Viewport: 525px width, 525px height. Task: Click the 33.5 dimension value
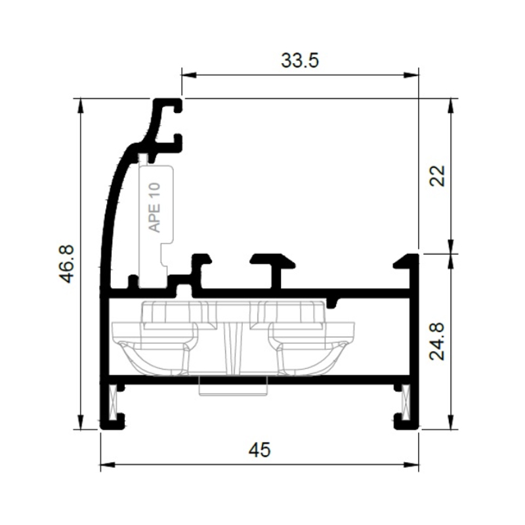(300, 61)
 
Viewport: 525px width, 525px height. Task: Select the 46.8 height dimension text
(66, 264)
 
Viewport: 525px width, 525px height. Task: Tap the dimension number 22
(438, 176)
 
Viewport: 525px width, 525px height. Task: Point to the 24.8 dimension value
(438, 341)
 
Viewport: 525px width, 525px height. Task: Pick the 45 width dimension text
(259, 450)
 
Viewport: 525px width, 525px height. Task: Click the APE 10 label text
(155, 207)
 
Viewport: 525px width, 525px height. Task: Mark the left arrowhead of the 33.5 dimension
(188, 75)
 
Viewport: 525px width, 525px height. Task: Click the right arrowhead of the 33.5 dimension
(411, 75)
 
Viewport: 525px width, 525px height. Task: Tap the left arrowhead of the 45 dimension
(108, 465)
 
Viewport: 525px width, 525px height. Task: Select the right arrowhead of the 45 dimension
(411, 465)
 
